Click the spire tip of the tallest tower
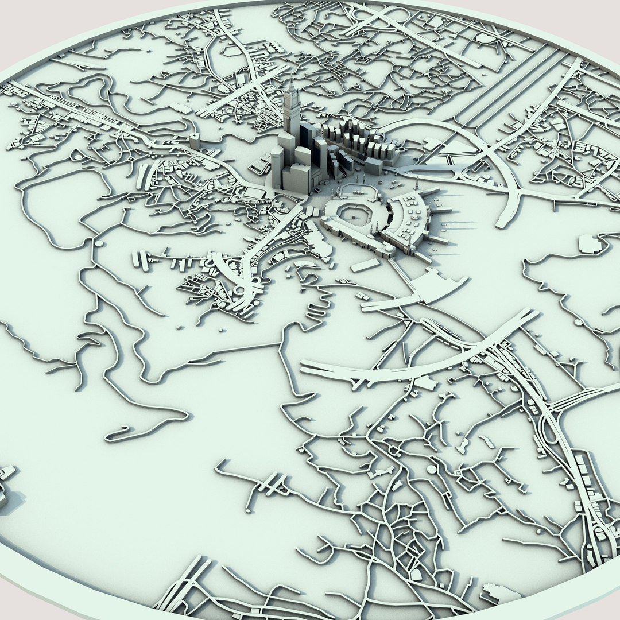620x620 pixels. pos(291,81)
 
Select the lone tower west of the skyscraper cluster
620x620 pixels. pos(195,139)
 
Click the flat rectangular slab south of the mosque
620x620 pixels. pos(365,266)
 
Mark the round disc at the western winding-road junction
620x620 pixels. pos(98,243)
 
